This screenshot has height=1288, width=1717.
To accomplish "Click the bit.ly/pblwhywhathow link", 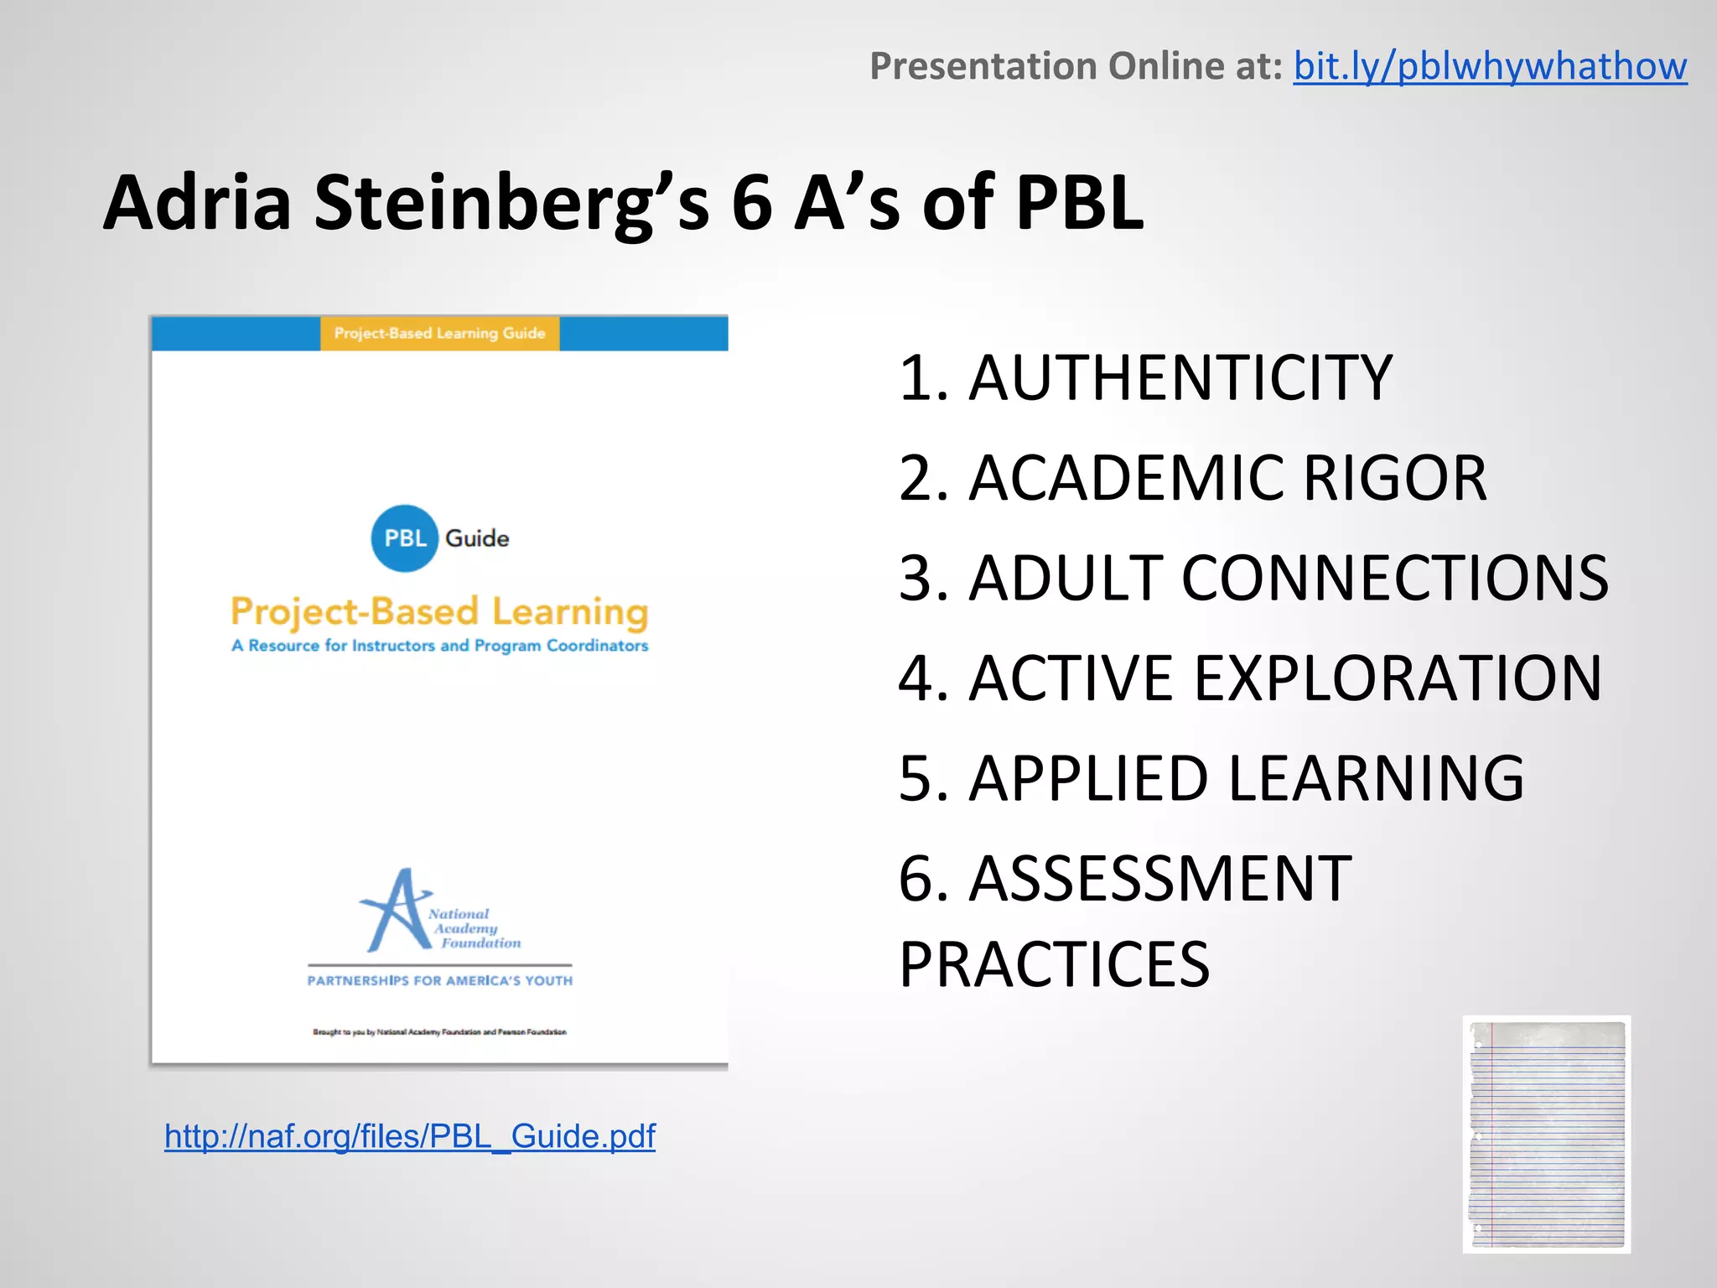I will (1489, 66).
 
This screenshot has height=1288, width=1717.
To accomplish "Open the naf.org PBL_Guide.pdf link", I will (409, 1136).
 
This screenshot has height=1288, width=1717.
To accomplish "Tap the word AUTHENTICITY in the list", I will (1180, 378).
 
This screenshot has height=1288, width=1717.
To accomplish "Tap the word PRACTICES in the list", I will (1054, 964).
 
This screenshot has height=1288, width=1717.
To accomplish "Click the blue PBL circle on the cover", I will (404, 538).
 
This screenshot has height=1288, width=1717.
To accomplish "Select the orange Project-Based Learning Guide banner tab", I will (439, 334).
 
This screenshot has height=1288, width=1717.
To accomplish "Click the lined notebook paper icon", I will (1547, 1135).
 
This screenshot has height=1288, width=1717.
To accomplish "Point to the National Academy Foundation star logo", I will (396, 911).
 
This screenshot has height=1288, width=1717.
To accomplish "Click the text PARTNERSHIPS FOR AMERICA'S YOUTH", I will (439, 981).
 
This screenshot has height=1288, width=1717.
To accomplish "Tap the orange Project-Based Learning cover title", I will (439, 612).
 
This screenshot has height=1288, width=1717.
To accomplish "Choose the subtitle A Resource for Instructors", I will (439, 646).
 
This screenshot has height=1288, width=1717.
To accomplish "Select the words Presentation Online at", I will (1076, 66).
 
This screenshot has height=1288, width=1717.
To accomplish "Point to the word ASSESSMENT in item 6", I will (1159, 880).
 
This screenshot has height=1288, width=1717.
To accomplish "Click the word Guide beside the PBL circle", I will (477, 538).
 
